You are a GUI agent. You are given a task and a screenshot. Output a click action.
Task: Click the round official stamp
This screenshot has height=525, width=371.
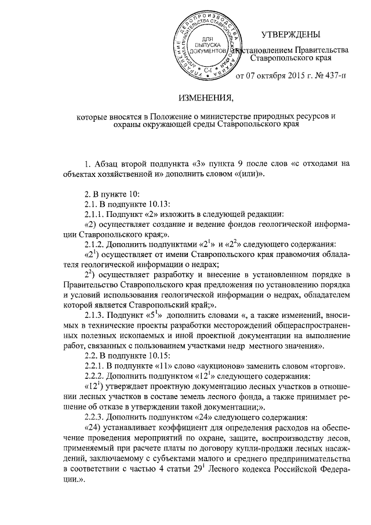[208, 47]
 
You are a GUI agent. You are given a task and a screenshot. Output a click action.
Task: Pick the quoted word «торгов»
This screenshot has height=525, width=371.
[327, 366]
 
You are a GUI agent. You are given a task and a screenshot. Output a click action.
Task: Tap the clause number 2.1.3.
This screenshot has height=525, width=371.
[97, 315]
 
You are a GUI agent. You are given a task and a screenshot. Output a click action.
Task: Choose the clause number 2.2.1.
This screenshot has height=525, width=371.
[97, 366]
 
